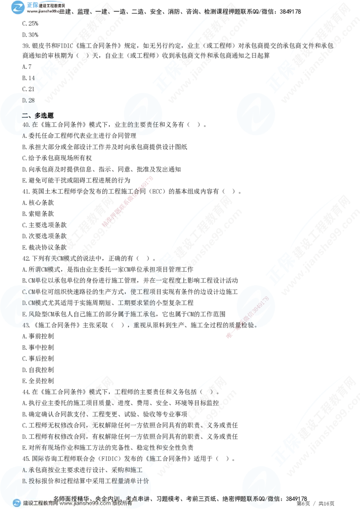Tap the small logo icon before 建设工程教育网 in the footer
pyautogui.click(x=17, y=503)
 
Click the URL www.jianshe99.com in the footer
pyautogui.click(x=85, y=504)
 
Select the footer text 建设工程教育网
pyautogui.click(x=40, y=504)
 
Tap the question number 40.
pyautogui.click(x=26, y=125)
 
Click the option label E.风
pyautogui.click(x=28, y=313)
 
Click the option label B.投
pyautogui.click(x=28, y=481)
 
